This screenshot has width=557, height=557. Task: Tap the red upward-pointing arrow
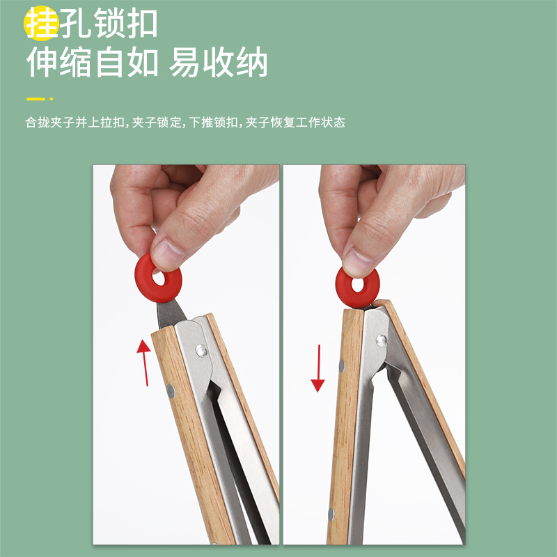click(x=144, y=363)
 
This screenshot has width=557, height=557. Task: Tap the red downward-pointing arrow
click(x=318, y=368)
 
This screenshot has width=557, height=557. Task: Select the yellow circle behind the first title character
click(x=40, y=23)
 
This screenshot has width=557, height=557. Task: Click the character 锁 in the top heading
click(x=109, y=23)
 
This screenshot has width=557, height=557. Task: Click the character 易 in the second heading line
click(x=184, y=62)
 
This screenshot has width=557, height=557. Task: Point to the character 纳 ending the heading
click(x=252, y=62)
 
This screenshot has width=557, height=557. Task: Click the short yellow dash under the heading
click(x=36, y=99)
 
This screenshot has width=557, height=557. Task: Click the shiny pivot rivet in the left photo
click(x=201, y=351)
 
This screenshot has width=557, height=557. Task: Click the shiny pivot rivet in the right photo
click(x=381, y=340)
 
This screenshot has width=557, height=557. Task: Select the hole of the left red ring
click(x=159, y=277)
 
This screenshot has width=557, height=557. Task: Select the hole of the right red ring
click(x=357, y=285)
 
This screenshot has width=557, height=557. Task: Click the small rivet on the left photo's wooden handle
click(x=171, y=391)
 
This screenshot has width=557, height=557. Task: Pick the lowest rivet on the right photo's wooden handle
click(x=331, y=515)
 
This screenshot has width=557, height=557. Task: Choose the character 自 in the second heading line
click(x=109, y=62)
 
